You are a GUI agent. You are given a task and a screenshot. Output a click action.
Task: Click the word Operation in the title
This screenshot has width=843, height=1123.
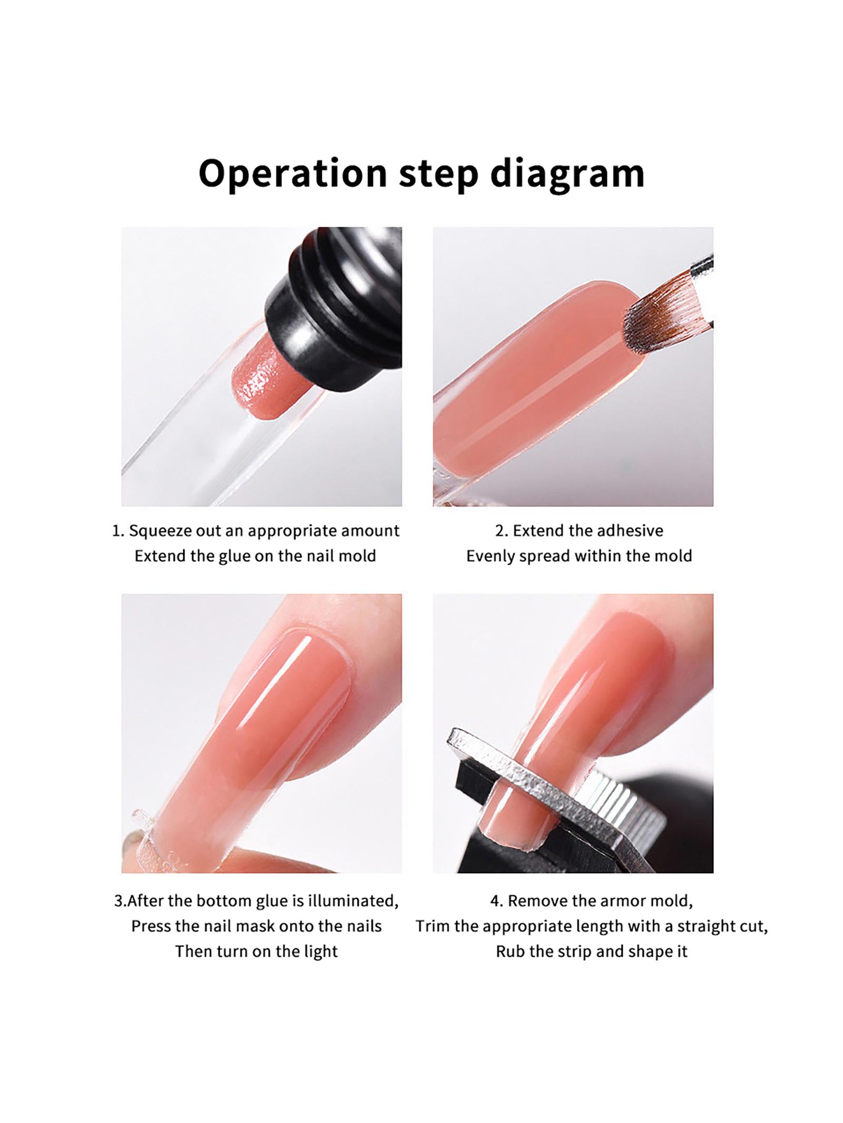click(x=292, y=174)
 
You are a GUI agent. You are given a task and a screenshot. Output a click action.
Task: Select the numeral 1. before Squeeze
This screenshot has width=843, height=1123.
click(x=118, y=531)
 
